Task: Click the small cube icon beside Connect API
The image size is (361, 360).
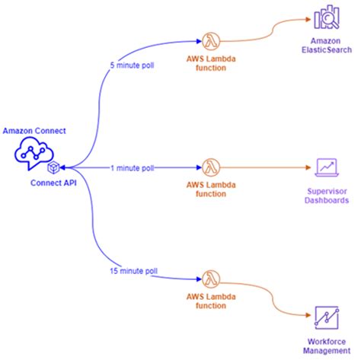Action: click(54, 167)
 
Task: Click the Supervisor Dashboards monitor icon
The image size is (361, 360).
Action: click(327, 167)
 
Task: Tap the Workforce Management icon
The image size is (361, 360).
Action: click(327, 316)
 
